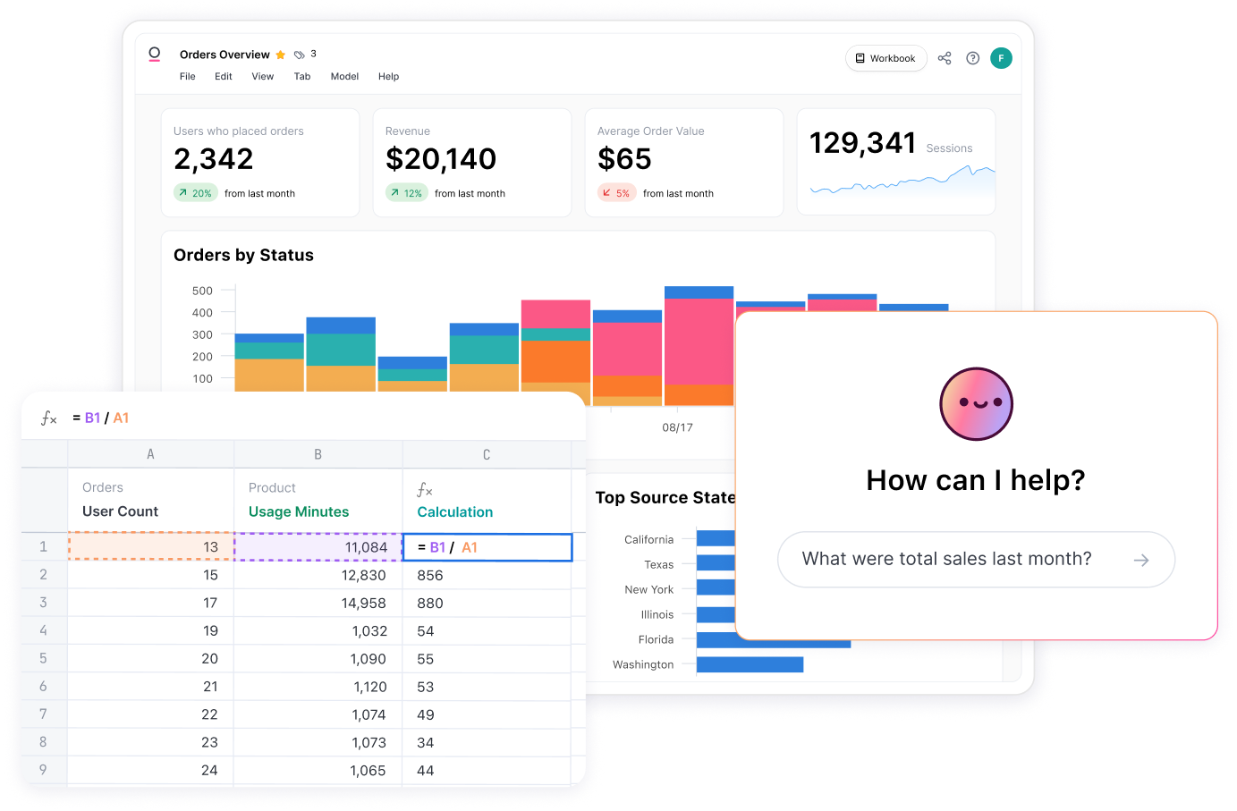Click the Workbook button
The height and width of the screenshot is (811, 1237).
pos(885,59)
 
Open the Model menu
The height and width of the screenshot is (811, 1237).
pos(344,77)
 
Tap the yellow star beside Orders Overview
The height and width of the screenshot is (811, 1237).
pos(281,55)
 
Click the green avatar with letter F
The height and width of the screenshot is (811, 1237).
pos(1001,59)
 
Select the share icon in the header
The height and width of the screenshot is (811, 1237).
pos(945,59)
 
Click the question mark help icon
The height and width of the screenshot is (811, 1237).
pos(973,59)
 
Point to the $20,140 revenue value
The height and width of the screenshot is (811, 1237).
pos(441,159)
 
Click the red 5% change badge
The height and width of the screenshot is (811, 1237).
pos(616,193)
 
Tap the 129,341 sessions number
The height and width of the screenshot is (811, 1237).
pos(862,143)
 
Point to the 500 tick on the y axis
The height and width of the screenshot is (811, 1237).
pos(202,291)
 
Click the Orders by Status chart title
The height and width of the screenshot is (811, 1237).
pos(243,256)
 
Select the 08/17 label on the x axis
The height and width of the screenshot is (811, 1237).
pos(677,427)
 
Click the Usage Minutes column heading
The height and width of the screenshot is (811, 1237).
pos(299,512)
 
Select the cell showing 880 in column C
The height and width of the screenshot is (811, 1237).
pos(430,604)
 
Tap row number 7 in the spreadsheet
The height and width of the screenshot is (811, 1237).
pos(43,714)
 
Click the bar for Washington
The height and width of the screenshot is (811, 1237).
pos(750,664)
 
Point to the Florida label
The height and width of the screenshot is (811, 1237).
pos(656,640)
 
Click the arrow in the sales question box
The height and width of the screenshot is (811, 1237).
pos(1141,561)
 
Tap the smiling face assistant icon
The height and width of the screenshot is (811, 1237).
pos(976,404)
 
